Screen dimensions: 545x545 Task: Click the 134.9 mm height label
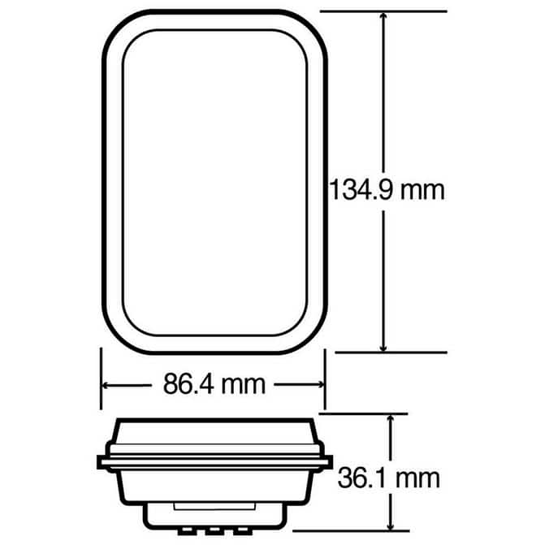click(387, 190)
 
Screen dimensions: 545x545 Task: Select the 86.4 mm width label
click(214, 384)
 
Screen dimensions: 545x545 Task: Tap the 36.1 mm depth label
click(388, 478)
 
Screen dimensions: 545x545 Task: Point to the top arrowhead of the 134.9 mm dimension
click(383, 17)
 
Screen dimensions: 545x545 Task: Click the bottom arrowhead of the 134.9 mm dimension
click(383, 347)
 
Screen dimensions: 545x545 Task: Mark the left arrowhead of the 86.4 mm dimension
click(106, 385)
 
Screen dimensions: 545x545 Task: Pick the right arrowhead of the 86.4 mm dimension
click(319, 384)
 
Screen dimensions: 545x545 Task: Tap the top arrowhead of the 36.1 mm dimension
click(391, 420)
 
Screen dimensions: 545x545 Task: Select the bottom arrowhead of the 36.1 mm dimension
click(391, 525)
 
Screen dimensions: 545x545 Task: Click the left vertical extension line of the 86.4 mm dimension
click(101, 378)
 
